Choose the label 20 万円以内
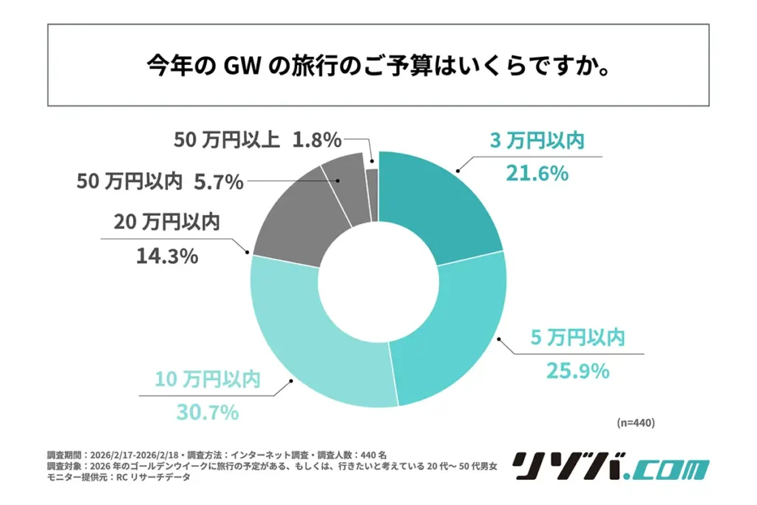point(166,223)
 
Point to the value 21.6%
point(537,174)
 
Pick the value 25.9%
point(578,370)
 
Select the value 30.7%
point(207,412)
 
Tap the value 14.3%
point(166,256)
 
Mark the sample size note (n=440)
point(635,423)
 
